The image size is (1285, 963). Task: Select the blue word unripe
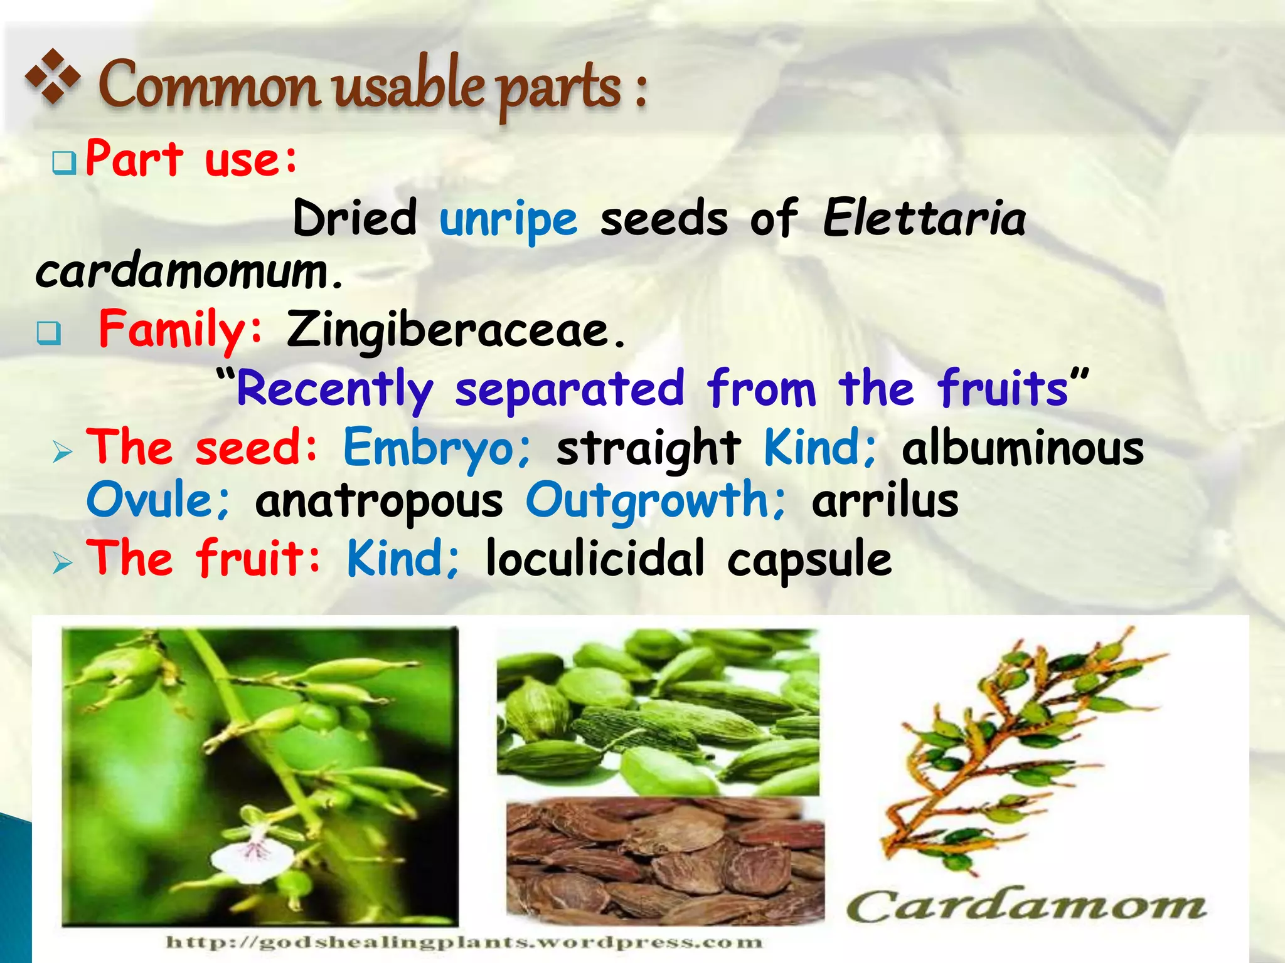[508, 219]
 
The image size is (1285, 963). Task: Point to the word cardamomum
[188, 271]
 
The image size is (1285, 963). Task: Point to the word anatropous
[379, 502]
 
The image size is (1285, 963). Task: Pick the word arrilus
[885, 502]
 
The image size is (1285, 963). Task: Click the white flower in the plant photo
[251, 859]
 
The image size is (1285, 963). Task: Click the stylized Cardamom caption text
[1026, 907]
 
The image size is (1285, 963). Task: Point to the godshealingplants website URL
[464, 942]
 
